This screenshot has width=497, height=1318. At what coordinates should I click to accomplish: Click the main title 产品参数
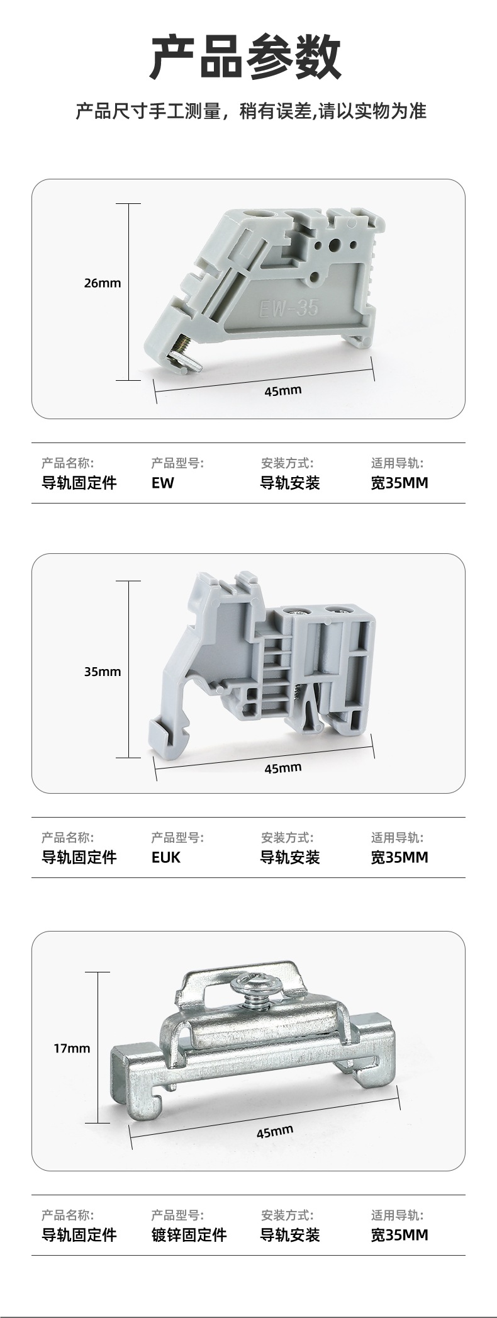coord(245,59)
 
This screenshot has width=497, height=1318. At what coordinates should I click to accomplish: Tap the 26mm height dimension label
coord(103,283)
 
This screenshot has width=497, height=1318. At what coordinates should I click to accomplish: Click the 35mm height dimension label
coord(103,672)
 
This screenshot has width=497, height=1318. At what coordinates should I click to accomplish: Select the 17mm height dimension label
coord(72,1048)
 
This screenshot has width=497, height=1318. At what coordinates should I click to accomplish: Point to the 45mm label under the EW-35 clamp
coord(282,391)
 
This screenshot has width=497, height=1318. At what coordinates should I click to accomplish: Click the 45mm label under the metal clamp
coord(274,1132)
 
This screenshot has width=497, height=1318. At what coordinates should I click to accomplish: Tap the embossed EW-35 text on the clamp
coord(289,308)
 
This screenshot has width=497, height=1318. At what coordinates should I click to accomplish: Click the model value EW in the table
coord(162,483)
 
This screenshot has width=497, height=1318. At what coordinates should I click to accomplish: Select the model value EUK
coord(165,857)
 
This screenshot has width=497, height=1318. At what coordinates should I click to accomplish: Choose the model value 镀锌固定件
coord(189,1235)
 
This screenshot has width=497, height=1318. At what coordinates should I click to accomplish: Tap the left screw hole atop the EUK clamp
coord(293,609)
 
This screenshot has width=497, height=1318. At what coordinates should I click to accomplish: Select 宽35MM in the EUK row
coord(399,857)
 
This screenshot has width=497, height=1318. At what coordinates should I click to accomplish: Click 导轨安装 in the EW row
coord(290,483)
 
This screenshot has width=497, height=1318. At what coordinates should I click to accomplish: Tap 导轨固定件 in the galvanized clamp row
coord(79,1235)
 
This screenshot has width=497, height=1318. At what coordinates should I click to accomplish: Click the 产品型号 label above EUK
coord(177,838)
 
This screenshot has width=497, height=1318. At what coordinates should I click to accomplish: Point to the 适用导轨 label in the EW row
coord(397,463)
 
